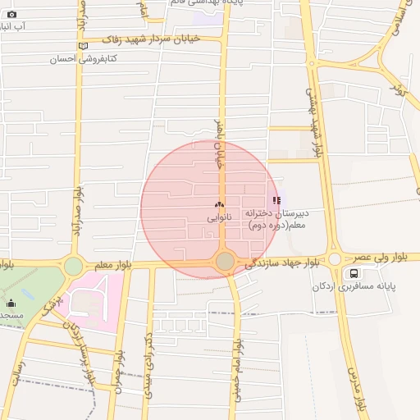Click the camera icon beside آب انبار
pos(11,14)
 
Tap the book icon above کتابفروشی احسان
pos(81,46)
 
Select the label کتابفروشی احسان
pos(84,59)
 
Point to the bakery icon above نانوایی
pos(219,205)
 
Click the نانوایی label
pos(219,217)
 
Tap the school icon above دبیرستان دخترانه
pos(276,199)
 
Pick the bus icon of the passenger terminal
pos(354,274)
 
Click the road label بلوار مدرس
pos(357,386)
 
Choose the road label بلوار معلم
pos(112,265)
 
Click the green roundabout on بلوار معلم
pos(74,266)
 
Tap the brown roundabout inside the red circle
pos(225,262)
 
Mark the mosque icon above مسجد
pos(11,303)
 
